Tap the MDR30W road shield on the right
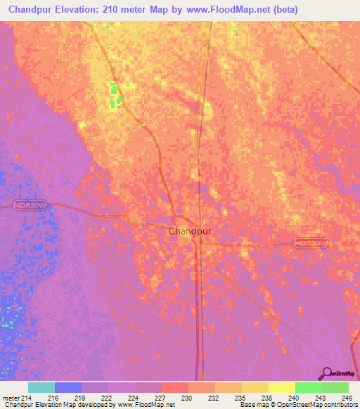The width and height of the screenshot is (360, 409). (311, 242)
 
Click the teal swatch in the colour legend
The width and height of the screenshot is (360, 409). (41, 387)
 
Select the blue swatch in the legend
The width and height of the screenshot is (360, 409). (68, 387)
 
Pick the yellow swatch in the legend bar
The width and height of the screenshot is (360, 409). (281, 387)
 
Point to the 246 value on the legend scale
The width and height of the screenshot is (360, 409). (347, 398)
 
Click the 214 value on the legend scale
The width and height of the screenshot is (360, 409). (27, 398)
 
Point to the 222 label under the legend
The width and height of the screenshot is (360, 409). (107, 398)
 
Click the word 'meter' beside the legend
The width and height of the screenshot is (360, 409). (10, 398)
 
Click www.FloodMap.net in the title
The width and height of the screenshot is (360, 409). (219, 10)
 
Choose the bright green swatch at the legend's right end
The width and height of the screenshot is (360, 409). (335, 387)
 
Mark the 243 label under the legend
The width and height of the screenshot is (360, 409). (321, 398)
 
